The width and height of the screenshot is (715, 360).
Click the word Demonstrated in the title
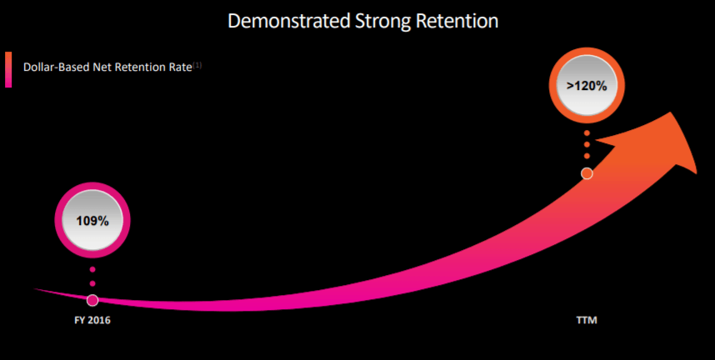[x=284, y=21]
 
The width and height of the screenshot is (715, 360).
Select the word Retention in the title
[x=456, y=21]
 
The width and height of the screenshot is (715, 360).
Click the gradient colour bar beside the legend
[x=8, y=69]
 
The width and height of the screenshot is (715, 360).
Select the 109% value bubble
[x=92, y=221]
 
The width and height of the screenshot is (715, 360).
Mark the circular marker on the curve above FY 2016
[x=92, y=300]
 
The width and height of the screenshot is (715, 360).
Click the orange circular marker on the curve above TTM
[x=587, y=173]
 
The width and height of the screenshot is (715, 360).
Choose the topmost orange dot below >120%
[x=587, y=133]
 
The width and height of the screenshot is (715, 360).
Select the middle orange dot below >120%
[x=587, y=145]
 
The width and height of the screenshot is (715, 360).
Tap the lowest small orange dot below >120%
[x=587, y=156]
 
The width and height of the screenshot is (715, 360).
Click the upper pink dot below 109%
[x=92, y=270]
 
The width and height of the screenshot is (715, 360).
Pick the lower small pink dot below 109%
[x=92, y=284]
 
